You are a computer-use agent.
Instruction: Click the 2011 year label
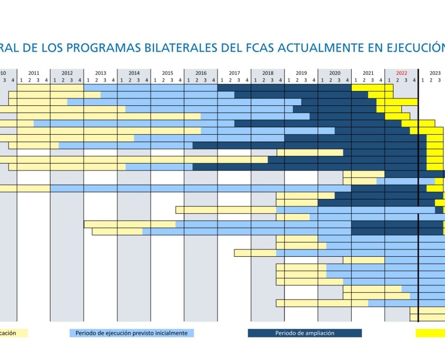[34, 73]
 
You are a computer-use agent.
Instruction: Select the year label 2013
[101, 73]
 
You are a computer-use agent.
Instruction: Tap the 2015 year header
[167, 73]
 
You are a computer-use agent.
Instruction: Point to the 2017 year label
[234, 73]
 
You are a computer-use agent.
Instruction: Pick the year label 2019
[301, 73]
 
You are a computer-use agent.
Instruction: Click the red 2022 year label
[401, 73]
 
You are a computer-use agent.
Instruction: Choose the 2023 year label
[435, 73]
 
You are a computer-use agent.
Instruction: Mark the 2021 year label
[368, 73]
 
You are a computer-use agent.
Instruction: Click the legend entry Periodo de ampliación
[304, 333]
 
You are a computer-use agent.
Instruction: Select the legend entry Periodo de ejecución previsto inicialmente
[132, 333]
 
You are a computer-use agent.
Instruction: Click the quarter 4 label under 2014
[146, 80]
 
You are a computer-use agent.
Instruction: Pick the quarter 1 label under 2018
[255, 80]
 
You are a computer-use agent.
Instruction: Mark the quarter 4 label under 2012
[80, 80]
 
